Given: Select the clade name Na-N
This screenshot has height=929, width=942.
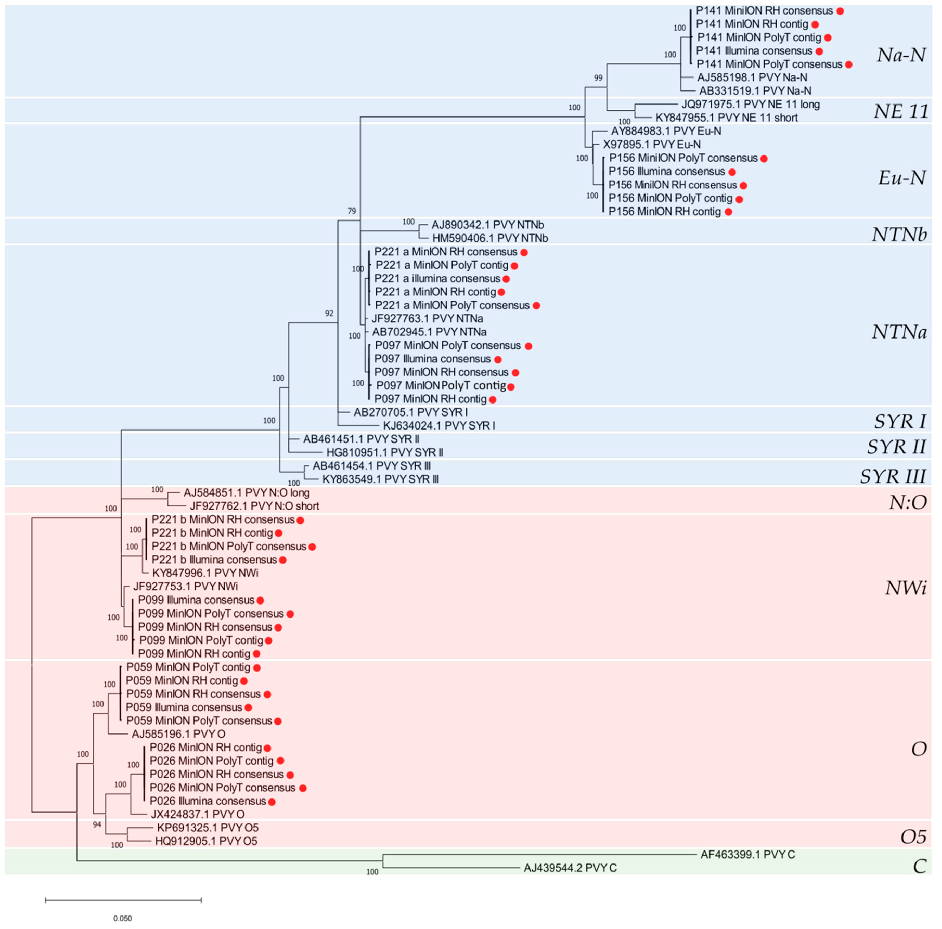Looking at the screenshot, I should click(x=901, y=55).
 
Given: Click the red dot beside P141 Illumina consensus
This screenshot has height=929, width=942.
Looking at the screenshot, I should click(x=819, y=51).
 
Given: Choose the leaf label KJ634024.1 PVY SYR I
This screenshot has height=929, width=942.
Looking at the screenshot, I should click(x=439, y=426).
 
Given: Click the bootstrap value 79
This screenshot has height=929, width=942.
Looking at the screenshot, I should click(x=352, y=211).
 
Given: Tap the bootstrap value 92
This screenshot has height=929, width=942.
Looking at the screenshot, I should click(x=329, y=313).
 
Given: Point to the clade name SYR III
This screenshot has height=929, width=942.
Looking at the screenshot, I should click(x=893, y=476).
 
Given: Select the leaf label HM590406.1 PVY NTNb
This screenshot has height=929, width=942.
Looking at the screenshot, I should click(x=490, y=238).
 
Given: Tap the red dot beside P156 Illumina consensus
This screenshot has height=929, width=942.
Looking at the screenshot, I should click(x=732, y=172).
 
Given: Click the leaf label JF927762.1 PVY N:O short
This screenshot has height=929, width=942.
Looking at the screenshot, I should click(x=254, y=506).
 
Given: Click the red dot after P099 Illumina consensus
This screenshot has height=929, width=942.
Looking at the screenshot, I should click(x=260, y=601).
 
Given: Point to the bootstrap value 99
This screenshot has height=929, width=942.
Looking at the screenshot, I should click(x=598, y=78).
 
